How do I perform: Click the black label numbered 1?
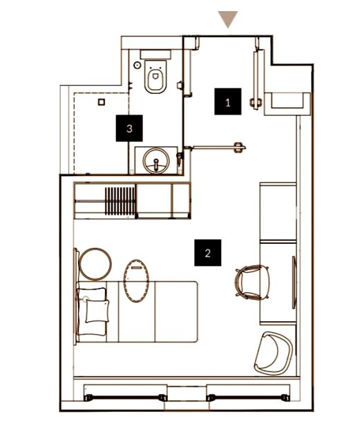point(228,102)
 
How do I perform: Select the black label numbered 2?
point(208,253)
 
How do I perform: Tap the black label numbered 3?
point(129,128)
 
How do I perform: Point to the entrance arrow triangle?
point(228,19)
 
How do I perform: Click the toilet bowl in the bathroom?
point(155,77)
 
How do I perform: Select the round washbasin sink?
point(156,161)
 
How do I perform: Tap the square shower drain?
point(102,102)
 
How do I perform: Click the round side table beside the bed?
point(95,265)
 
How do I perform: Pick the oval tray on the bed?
point(136,281)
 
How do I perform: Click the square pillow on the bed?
point(97,311)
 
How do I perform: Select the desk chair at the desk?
point(252,282)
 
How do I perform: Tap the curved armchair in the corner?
point(273,354)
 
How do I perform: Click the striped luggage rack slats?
point(120,201)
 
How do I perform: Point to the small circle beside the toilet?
point(137,65)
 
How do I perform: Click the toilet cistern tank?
point(155,54)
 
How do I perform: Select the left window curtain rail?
point(126,398)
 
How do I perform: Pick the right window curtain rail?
point(248,398)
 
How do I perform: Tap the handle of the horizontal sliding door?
point(239,147)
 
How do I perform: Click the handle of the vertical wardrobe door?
point(256,103)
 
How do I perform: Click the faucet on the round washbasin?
point(156,164)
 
